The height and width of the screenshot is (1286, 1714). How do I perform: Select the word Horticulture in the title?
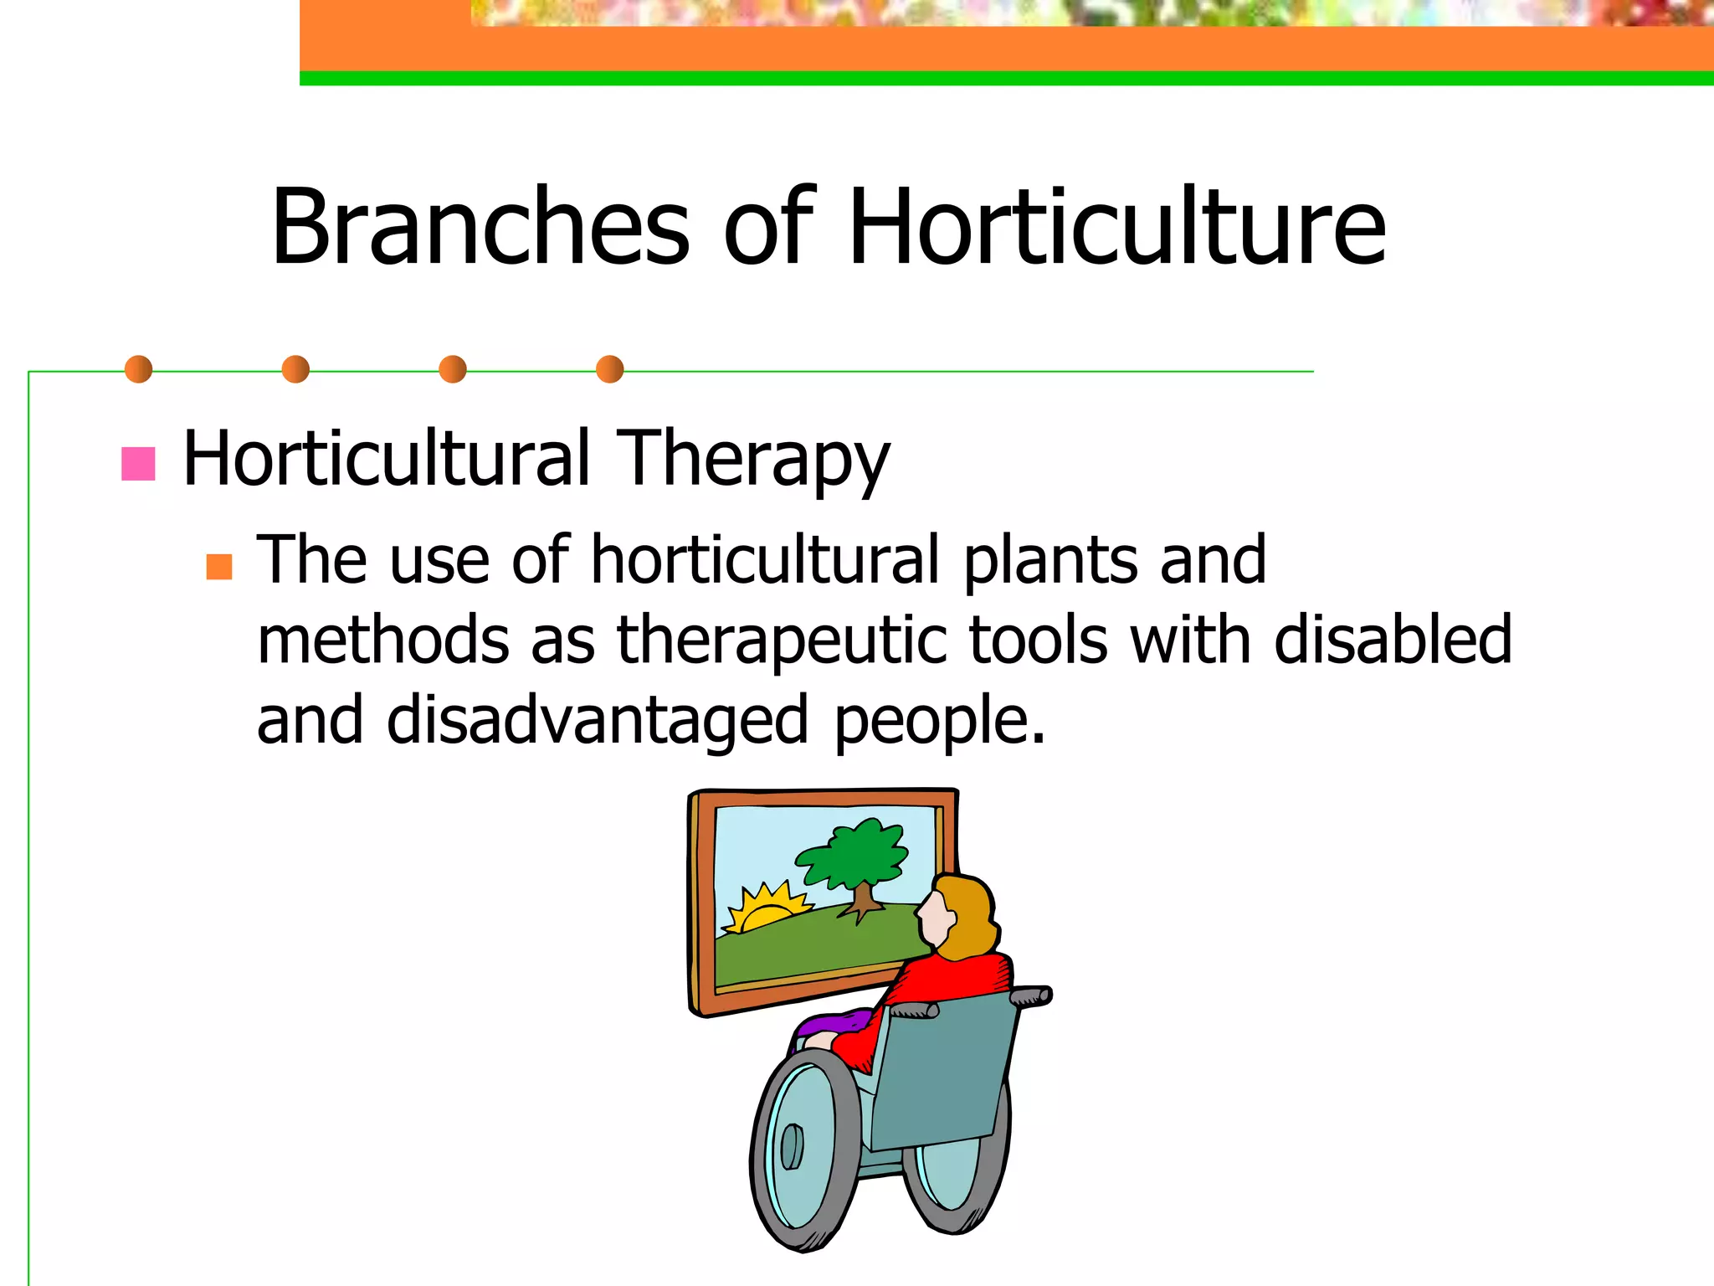1117,228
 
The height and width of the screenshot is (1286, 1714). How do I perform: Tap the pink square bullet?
138,464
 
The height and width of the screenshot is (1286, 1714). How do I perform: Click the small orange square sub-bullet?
219,567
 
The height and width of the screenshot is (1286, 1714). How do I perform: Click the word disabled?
1393,640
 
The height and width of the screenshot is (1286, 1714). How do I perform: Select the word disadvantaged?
597,720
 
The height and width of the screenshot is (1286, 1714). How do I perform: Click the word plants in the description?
1049,561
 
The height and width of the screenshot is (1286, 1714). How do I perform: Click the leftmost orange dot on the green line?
138,369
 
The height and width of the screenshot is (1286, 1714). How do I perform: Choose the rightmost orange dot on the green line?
610,369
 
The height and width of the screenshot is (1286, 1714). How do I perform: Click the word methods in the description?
382,640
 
